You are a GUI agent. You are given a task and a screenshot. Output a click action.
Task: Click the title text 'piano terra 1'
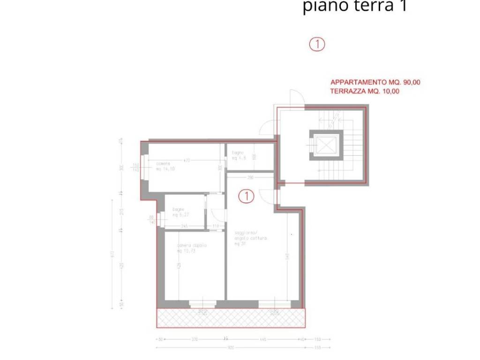click(354, 7)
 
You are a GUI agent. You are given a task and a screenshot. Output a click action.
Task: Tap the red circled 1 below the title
click(317, 45)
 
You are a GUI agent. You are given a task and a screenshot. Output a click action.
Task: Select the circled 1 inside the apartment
click(247, 196)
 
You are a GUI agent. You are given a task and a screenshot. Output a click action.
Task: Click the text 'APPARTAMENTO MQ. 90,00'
click(375, 82)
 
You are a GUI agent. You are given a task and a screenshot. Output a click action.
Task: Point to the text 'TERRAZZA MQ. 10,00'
click(365, 91)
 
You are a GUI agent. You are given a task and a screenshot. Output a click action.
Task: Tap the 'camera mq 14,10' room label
click(165, 166)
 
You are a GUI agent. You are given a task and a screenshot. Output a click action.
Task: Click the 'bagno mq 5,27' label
click(180, 212)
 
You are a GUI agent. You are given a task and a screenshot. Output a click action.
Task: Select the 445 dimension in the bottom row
click(263, 339)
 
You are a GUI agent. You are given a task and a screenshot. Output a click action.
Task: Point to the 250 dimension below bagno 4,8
click(250, 177)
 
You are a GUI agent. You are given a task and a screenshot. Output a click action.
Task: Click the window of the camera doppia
click(202, 304)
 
